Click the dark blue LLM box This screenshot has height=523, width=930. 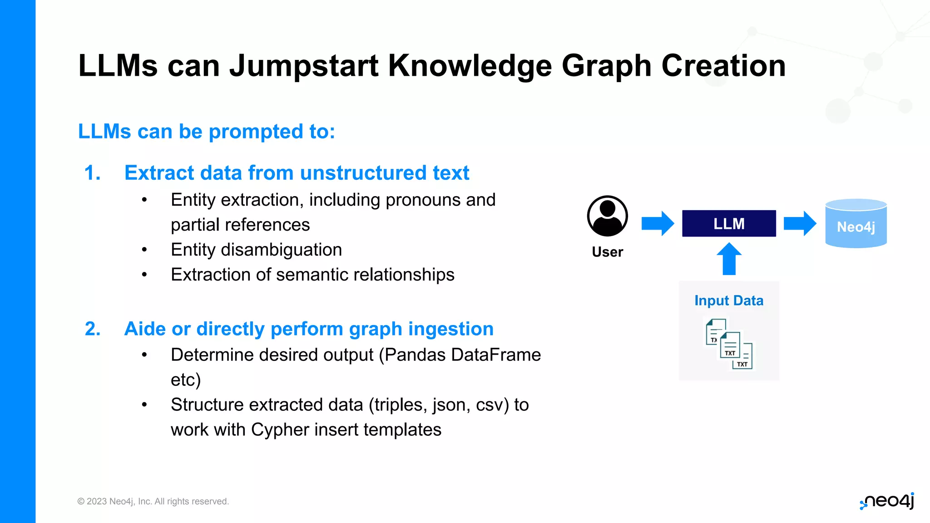[728, 223]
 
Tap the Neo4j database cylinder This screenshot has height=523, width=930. [856, 224]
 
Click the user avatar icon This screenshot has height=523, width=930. [607, 216]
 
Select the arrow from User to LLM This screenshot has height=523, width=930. [657, 223]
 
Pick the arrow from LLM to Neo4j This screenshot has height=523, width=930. [800, 223]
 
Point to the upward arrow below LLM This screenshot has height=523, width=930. [729, 259]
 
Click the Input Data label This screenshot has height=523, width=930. [728, 301]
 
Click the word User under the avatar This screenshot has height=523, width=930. [607, 252]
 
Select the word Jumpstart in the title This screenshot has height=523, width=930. [303, 66]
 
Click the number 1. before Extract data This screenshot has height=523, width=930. [92, 173]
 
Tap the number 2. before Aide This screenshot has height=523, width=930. [93, 329]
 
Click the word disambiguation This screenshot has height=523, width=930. [281, 250]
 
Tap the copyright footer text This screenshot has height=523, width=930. [153, 501]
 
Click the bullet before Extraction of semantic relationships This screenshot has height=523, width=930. [144, 275]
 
